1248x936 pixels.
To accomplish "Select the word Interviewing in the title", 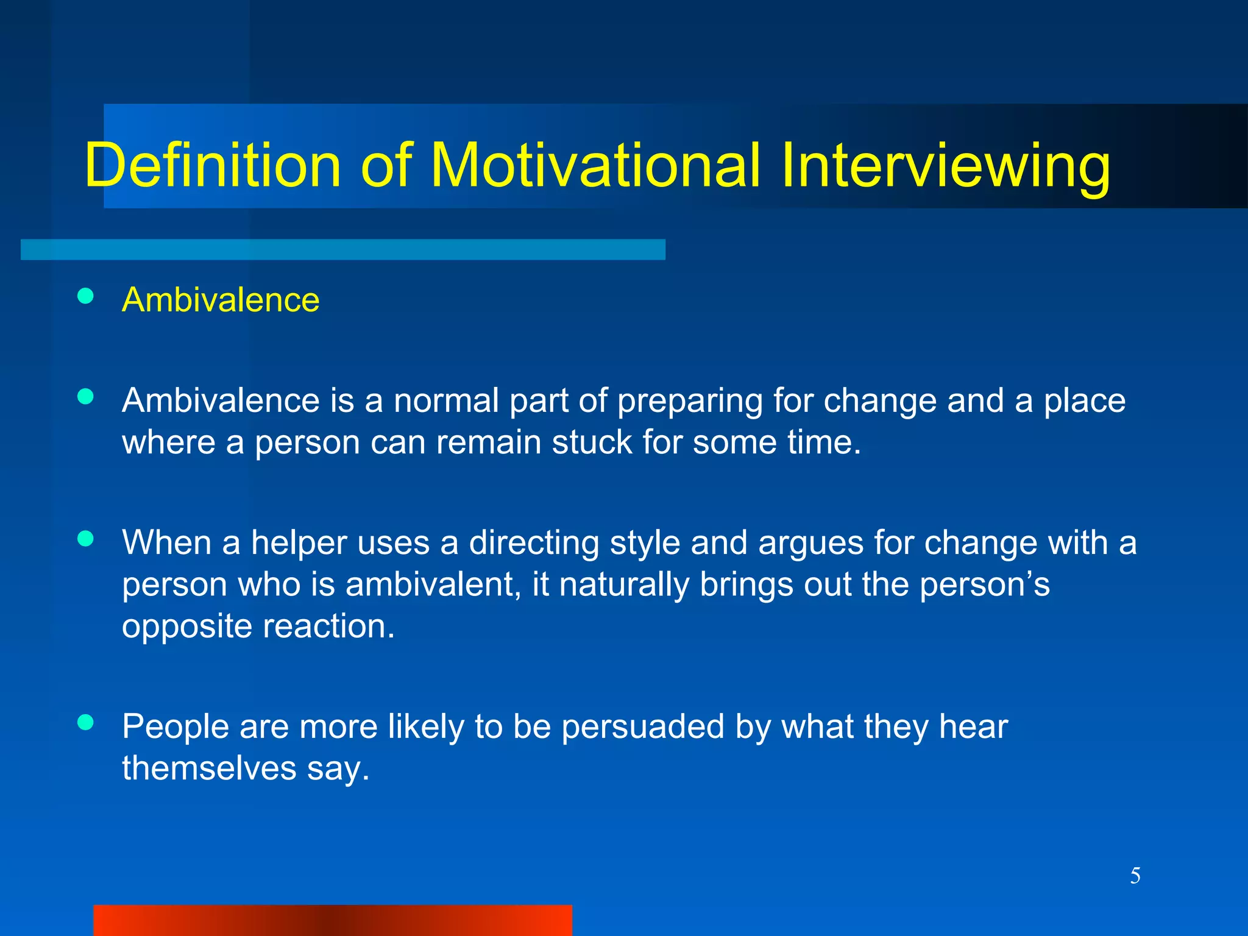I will pyautogui.click(x=946, y=166).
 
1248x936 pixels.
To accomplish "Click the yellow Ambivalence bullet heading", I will pyautogui.click(x=221, y=300).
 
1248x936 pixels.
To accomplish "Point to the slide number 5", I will pyautogui.click(x=1135, y=876).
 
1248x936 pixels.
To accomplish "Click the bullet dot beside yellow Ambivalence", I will pyautogui.click(x=86, y=296).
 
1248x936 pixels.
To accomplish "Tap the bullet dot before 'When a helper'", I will pyautogui.click(x=86, y=539).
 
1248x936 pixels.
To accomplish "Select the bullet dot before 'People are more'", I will pyautogui.click(x=86, y=722).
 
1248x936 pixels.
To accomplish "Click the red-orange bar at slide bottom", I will pyautogui.click(x=332, y=920).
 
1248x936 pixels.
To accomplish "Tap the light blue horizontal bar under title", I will pyautogui.click(x=342, y=249).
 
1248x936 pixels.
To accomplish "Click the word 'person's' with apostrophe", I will pyautogui.click(x=984, y=585).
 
